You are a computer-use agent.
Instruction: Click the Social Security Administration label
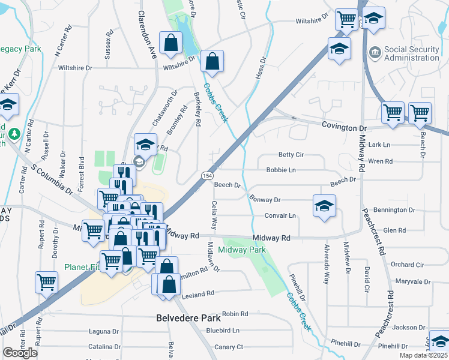[x=411, y=53]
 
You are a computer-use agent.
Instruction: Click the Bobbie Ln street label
[x=281, y=170]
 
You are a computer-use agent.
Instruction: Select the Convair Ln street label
[x=281, y=215]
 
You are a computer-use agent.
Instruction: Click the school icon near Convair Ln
[x=324, y=206]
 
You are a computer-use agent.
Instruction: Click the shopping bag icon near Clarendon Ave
[x=171, y=43]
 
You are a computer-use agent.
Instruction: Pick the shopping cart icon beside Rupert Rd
[x=46, y=281]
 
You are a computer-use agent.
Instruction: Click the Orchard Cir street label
[x=407, y=265]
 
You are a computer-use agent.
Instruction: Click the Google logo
[x=20, y=353]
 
